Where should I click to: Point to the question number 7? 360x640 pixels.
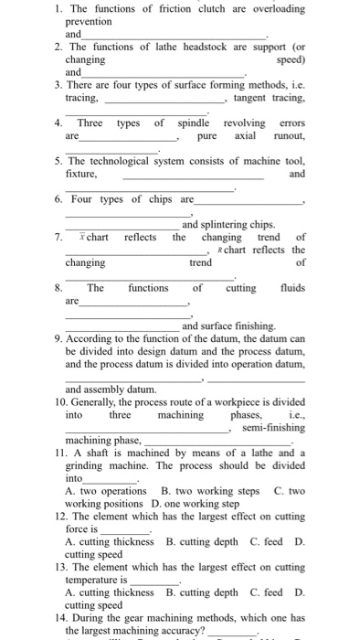58,238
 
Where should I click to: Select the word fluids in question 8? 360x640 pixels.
288,287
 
